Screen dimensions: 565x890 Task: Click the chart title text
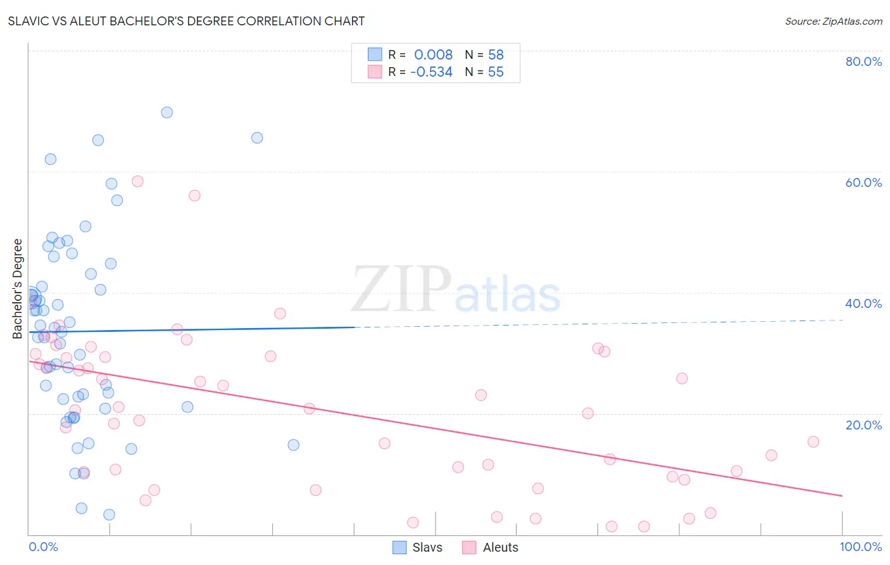tap(186, 21)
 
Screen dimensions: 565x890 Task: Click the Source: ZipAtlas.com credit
tap(833, 21)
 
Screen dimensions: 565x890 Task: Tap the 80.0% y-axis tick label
tap(863, 61)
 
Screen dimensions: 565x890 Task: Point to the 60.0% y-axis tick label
tap(863, 182)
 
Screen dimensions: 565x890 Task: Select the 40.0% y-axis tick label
tap(863, 303)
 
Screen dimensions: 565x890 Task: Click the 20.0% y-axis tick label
tap(863, 425)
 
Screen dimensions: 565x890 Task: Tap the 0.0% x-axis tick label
tap(43, 547)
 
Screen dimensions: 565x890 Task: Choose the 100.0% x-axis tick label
tap(860, 547)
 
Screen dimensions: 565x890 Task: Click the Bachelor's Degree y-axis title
tap(18, 289)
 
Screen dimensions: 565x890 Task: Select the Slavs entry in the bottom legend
tap(418, 547)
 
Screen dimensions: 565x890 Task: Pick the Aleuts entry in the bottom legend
tap(491, 547)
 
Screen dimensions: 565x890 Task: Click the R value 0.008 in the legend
tap(433, 54)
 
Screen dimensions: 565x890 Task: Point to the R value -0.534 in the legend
tap(431, 72)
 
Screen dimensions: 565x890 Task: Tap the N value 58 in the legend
tap(496, 54)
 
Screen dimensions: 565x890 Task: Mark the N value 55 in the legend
tap(496, 72)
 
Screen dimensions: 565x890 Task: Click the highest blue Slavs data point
tap(167, 112)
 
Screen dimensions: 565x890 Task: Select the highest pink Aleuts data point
tap(137, 181)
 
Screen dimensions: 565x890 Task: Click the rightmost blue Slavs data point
tap(294, 445)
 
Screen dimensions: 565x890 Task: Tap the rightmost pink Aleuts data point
tap(813, 441)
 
